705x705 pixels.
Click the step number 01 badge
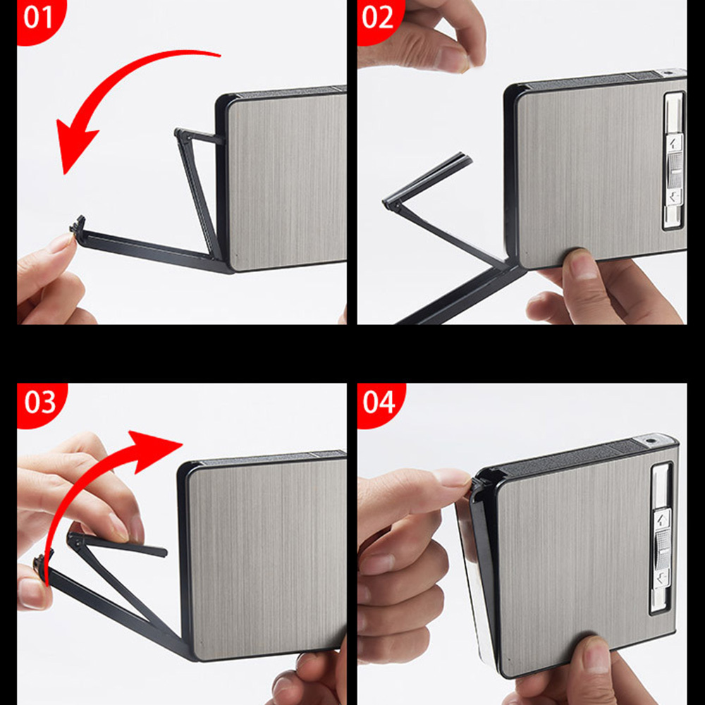pyautogui.click(x=38, y=18)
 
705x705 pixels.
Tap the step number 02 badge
pyautogui.click(x=378, y=18)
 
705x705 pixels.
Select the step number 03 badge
pyautogui.click(x=39, y=403)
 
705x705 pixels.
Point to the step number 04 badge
pyautogui.click(x=379, y=403)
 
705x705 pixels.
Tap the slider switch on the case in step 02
pyautogui.click(x=674, y=169)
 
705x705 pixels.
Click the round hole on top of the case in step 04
pyautogui.click(x=648, y=441)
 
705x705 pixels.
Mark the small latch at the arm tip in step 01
pyautogui.click(x=78, y=224)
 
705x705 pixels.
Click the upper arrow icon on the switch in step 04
pyautogui.click(x=661, y=520)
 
